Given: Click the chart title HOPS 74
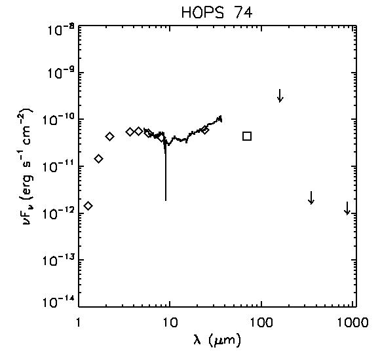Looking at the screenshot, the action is coord(217,12).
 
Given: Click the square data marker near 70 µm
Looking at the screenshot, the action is coord(247,136).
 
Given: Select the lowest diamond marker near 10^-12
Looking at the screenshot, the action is coord(88,206).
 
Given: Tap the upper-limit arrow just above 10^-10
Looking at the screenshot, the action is coord(280,96).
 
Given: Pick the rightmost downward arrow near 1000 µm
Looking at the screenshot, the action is coord(347,208).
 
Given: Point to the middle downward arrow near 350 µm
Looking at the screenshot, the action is coord(311,198).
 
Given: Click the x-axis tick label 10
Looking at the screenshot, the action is coord(170,323).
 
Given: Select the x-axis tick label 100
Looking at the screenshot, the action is coord(261,323).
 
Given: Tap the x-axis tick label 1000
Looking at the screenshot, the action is coord(352,323).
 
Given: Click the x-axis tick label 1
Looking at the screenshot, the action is coord(78,323).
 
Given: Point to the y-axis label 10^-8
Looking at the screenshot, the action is coord(58,29).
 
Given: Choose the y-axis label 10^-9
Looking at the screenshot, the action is coord(58,73).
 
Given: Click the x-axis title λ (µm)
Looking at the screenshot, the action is coord(217,340).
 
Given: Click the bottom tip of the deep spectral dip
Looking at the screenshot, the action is coord(166,201).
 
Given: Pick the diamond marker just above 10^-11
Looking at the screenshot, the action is coord(99,159).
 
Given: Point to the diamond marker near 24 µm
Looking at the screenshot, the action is coord(205,130).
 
